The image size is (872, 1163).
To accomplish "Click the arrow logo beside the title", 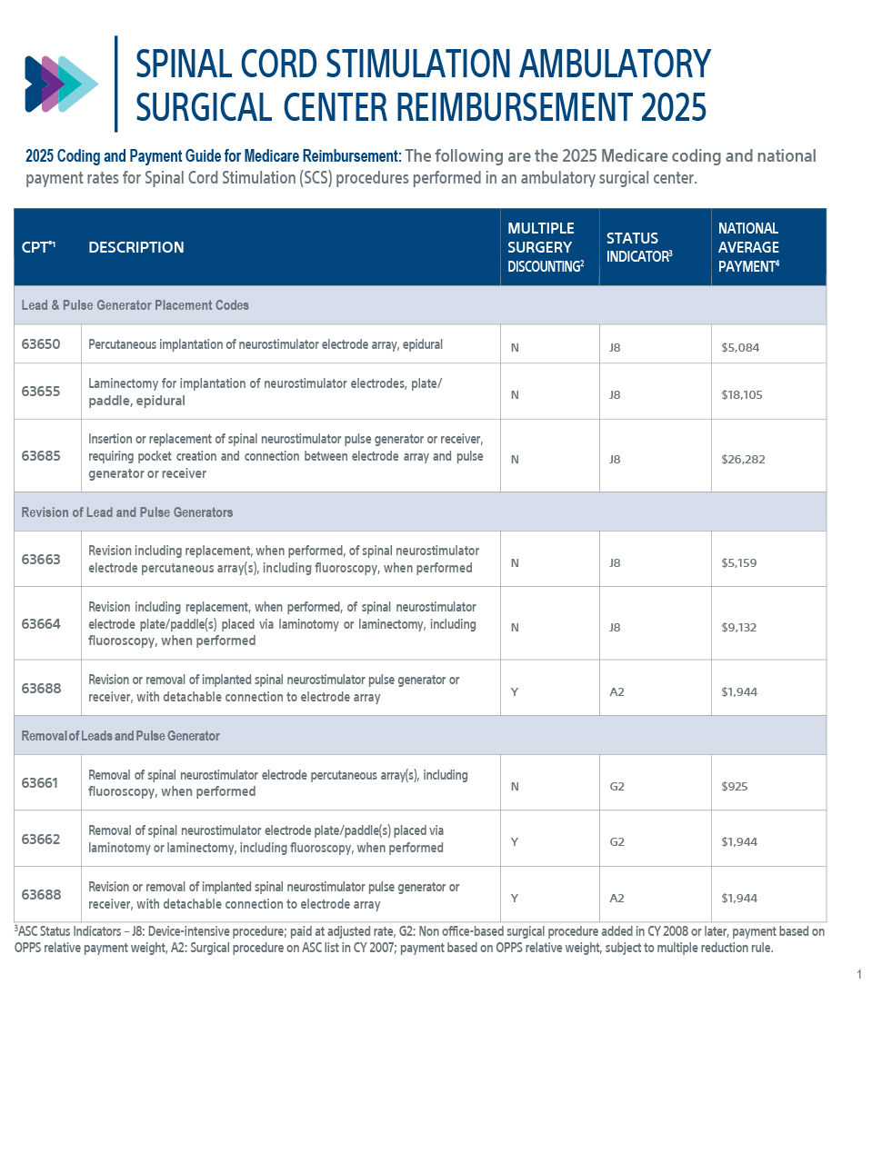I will tap(61, 84).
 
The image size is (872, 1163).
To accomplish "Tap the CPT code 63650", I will tap(41, 344).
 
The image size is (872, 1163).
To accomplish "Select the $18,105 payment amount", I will tap(741, 395).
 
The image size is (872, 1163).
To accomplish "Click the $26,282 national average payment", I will tap(743, 460).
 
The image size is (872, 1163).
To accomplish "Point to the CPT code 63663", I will tap(41, 559).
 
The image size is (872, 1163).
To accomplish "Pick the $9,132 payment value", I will tap(738, 628).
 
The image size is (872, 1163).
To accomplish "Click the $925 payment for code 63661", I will tap(734, 787).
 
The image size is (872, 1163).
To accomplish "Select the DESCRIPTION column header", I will tap(135, 247).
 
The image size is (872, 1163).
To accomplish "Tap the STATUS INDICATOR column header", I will tap(638, 247).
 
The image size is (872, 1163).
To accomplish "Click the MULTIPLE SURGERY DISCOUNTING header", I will tap(545, 247).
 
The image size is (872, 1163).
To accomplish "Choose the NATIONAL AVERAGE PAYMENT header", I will tap(748, 247).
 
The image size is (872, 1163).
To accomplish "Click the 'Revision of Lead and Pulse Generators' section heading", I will tap(127, 512).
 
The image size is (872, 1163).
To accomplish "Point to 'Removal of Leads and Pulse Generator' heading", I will tap(121, 736).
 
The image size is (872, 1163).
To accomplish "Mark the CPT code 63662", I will tap(41, 839).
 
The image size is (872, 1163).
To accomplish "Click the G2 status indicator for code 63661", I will tap(616, 787).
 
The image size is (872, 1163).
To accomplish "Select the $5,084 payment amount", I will tap(739, 348).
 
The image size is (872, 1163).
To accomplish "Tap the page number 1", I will tap(859, 975).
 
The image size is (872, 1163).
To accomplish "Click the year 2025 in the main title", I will tap(673, 107).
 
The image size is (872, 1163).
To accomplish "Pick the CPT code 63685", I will tap(41, 455).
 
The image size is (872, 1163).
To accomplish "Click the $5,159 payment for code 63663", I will tap(738, 563).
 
